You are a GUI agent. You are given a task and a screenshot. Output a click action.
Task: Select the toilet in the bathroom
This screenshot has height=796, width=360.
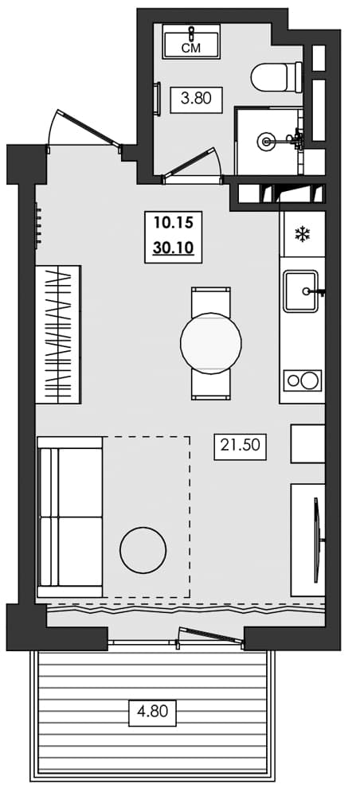tap(275, 78)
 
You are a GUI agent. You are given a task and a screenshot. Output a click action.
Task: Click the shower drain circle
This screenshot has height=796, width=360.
tap(266, 142)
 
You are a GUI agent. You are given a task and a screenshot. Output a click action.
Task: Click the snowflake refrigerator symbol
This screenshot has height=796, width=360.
tap(302, 234)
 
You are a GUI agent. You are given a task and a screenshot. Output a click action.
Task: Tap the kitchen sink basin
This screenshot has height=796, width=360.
tap(301, 291)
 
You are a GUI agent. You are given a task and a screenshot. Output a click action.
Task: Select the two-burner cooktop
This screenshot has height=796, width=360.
tap(302, 380)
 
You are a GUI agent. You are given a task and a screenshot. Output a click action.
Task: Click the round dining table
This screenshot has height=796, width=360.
tap(210, 343)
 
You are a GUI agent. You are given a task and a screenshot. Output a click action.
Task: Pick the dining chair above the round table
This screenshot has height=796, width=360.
tap(210, 301)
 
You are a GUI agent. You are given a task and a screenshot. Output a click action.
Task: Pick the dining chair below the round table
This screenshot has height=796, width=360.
tap(210, 386)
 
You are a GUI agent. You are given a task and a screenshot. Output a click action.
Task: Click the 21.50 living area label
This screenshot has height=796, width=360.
tap(239, 447)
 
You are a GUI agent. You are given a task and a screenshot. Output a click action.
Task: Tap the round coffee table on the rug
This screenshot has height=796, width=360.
tap(143, 549)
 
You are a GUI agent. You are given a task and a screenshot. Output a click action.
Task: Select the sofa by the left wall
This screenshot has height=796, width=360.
tap(70, 517)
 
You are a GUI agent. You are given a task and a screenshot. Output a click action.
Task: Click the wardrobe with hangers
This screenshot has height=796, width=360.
tap(58, 334)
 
